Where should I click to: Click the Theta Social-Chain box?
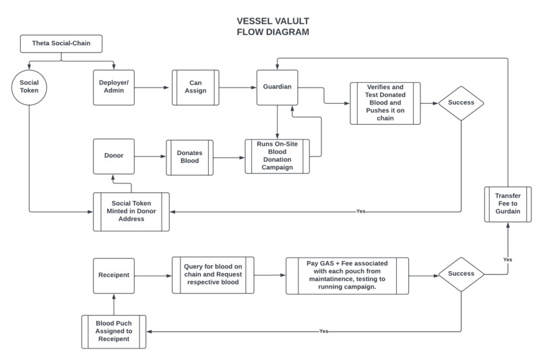pos(62,44)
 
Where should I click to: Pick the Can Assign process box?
pos(195,87)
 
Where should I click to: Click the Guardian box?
pos(278,87)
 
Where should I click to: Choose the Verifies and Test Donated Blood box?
pos(385,103)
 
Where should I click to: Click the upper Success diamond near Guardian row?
pos(461,103)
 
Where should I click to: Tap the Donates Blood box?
pos(189,157)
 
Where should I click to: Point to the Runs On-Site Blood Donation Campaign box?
pos(276,157)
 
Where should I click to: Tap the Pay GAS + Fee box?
pos(346,275)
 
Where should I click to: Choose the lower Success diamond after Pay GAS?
pos(461,275)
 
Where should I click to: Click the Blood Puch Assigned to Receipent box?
pos(114,332)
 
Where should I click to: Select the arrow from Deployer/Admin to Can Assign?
pos(154,87)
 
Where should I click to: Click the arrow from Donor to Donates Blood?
pos(150,157)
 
